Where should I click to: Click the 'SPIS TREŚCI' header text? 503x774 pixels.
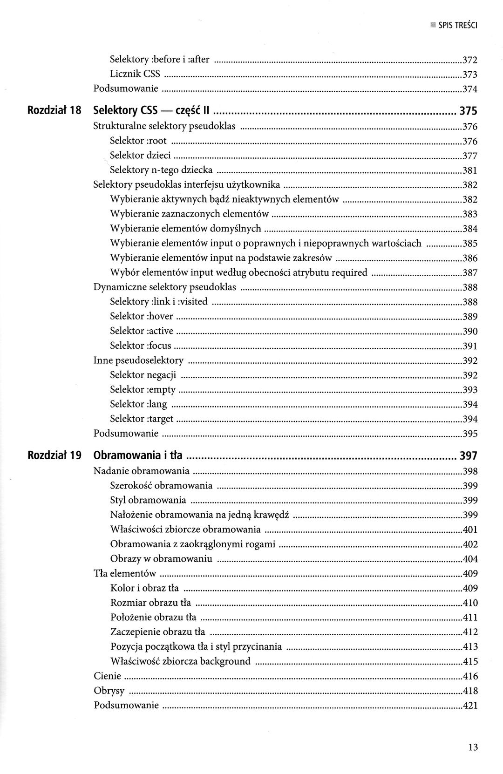(x=458, y=26)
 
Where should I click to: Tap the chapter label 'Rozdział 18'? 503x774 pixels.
(x=55, y=111)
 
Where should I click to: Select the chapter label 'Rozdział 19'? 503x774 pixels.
(x=55, y=455)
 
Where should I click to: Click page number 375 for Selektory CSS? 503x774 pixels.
(x=469, y=111)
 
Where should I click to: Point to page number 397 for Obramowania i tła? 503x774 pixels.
(x=469, y=455)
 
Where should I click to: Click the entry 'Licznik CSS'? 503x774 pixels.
(x=135, y=74)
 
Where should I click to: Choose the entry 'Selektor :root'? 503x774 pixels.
(x=138, y=141)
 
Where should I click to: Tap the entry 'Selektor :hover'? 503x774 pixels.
(x=141, y=316)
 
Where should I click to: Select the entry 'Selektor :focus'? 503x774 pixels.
(x=141, y=346)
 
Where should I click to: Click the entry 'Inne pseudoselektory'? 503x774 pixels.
(x=138, y=360)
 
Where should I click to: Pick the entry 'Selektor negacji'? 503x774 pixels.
(x=143, y=375)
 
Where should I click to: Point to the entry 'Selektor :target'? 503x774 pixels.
(x=142, y=419)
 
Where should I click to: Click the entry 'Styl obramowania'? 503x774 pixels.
(x=148, y=500)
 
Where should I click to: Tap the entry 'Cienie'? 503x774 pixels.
(x=107, y=676)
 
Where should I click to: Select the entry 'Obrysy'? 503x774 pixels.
(x=109, y=691)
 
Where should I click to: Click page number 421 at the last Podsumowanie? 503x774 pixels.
(x=470, y=706)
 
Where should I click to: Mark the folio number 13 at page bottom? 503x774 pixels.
(x=473, y=748)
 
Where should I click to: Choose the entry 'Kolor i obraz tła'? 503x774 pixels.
(x=144, y=588)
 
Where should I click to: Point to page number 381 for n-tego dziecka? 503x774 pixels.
(x=470, y=170)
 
